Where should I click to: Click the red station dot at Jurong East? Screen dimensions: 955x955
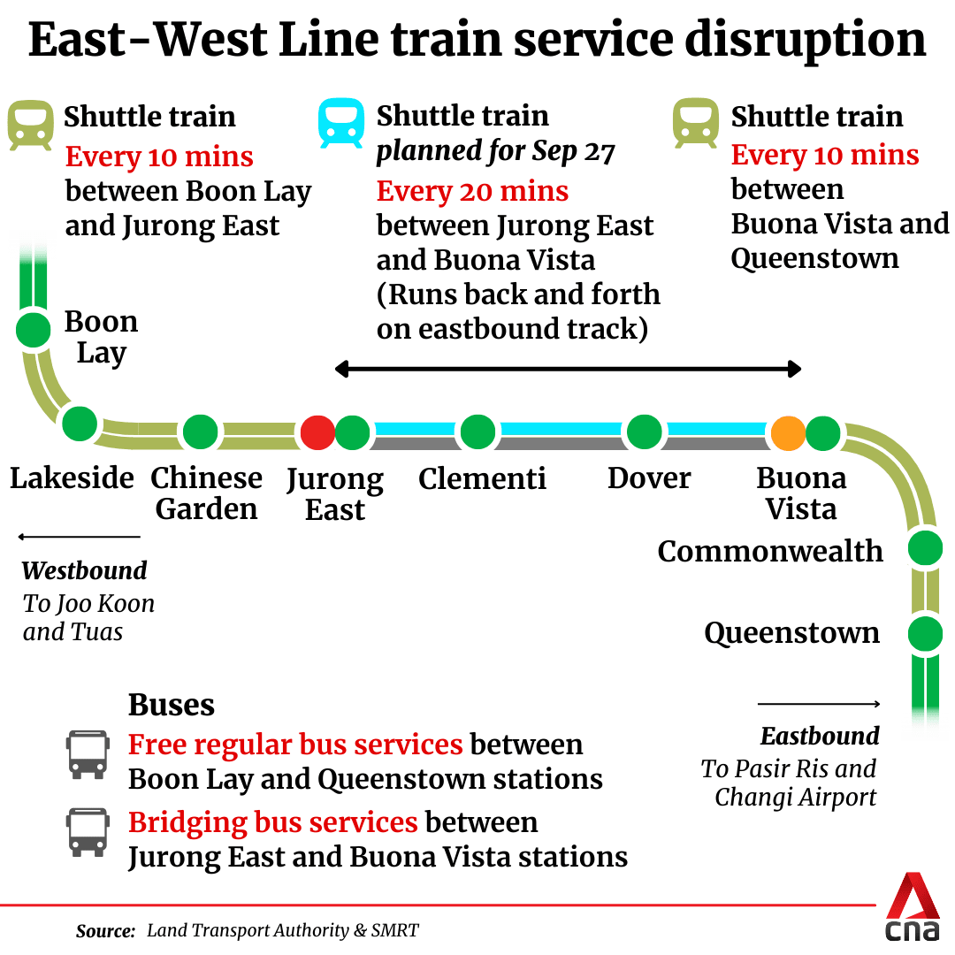[x=317, y=432]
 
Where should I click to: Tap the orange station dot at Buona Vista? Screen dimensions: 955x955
[x=788, y=432]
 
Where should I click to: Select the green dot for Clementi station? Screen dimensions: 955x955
[x=477, y=432]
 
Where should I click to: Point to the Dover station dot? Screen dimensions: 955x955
[x=645, y=432]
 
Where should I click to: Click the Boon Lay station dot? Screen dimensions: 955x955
[x=33, y=330]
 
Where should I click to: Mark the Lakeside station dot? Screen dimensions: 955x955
[x=80, y=424]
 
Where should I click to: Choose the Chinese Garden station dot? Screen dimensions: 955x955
[x=201, y=432]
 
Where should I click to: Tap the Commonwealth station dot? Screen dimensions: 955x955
[x=925, y=547]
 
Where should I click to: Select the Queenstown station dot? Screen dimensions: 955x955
[x=925, y=634]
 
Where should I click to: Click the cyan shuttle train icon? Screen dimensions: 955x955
[x=341, y=123]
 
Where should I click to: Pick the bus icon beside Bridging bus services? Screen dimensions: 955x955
[x=88, y=833]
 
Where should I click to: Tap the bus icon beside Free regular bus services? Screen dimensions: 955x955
[x=88, y=754]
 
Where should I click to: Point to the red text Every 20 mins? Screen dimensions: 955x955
[x=472, y=191]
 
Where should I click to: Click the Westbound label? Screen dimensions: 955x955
[x=84, y=570]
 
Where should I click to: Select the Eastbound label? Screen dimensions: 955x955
[x=820, y=737]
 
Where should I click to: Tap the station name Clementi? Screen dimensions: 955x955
[x=482, y=478]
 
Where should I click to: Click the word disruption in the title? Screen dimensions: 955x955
[x=806, y=40]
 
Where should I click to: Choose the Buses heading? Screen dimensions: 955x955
[x=172, y=705]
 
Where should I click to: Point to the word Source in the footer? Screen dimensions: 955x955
[x=105, y=930]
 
